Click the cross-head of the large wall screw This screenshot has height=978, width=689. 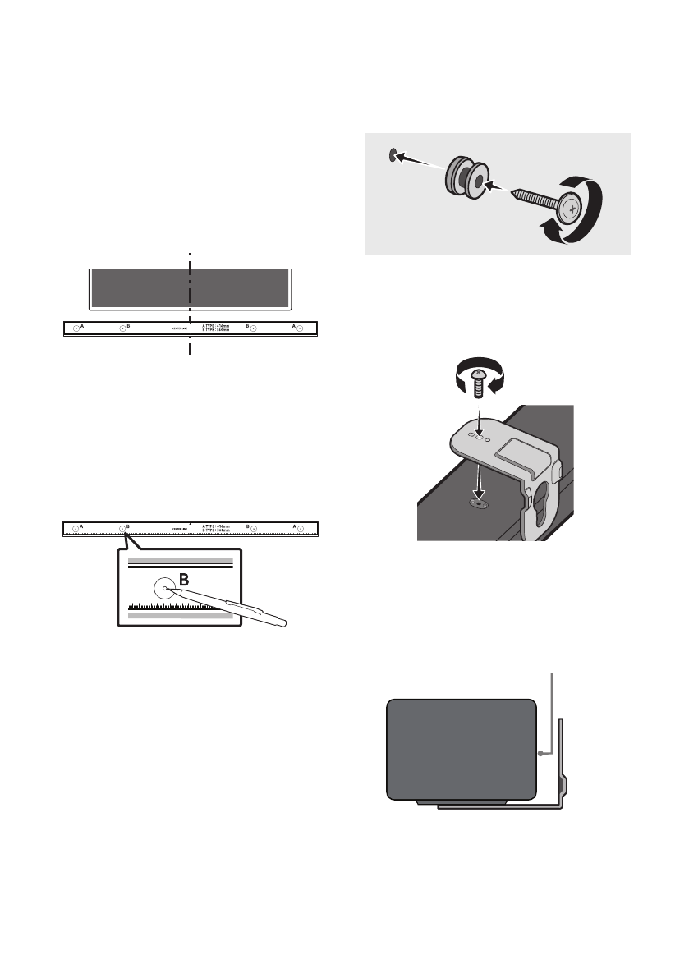pos(570,209)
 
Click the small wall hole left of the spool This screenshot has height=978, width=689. pos(394,152)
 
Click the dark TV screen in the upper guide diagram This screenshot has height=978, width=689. pos(189,287)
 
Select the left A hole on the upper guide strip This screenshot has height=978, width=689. pos(76,328)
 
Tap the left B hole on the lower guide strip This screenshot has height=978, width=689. pos(122,528)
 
